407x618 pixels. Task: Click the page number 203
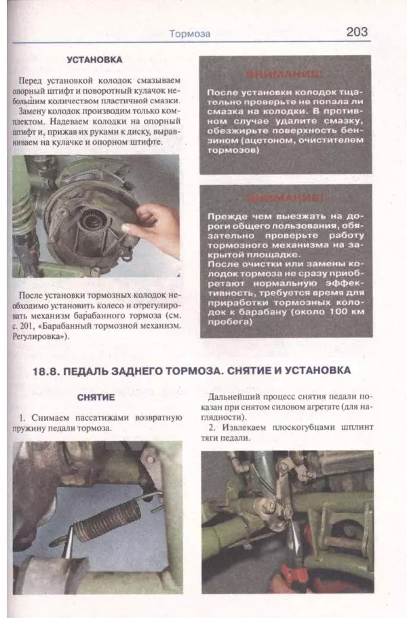(356, 32)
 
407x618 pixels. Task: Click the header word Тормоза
(189, 33)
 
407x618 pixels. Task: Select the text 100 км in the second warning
(328, 312)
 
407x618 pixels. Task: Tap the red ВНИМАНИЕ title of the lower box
(285, 199)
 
